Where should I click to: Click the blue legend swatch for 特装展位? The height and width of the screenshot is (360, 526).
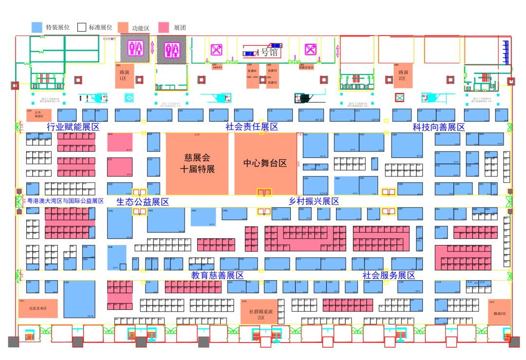37,28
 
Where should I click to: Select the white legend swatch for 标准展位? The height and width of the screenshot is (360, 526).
82,28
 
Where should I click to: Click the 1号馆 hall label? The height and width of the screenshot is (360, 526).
269,52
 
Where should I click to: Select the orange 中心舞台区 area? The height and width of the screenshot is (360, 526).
265,163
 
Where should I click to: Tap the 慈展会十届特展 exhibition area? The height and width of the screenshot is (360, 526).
197,163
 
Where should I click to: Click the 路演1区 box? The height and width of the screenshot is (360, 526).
124,76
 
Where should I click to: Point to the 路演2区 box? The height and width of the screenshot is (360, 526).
402,76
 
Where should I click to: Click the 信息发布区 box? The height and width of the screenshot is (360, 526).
38,308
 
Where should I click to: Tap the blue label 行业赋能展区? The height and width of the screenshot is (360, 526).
73,127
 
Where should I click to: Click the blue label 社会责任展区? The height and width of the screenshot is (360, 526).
251,127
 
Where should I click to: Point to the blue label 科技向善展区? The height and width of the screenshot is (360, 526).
438,127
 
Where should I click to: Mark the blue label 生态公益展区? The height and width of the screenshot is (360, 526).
142,202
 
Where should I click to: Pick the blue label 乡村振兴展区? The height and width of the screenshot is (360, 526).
314,202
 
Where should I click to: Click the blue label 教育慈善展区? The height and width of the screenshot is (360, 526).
217,276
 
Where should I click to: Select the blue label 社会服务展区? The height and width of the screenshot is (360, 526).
388,276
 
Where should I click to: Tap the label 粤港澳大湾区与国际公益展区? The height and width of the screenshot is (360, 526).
65,201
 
